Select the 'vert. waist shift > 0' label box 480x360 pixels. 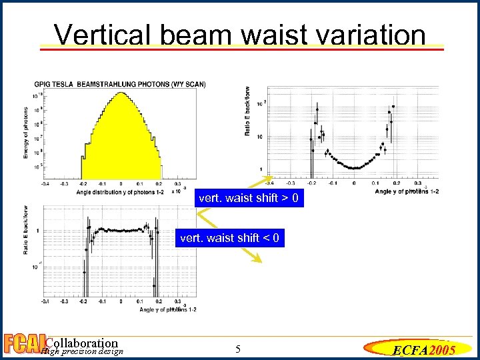tap(249, 199)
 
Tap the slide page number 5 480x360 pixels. tap(239, 349)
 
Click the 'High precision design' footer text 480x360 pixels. tap(81, 352)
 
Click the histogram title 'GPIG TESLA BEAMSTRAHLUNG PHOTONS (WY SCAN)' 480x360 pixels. tap(120, 84)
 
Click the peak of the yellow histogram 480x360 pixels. tap(121, 93)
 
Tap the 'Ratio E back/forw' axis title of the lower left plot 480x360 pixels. tap(27, 230)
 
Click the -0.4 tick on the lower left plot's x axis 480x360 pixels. tap(45, 301)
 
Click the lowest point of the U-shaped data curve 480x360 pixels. tap(354, 168)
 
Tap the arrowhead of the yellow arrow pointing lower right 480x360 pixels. tap(262, 263)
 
